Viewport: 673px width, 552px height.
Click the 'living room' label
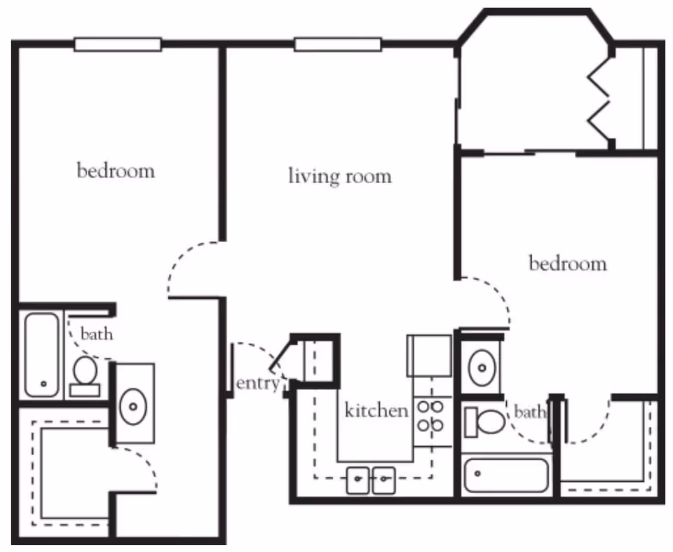340,176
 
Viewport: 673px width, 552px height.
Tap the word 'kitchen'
376,410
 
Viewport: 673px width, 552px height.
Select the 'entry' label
258,383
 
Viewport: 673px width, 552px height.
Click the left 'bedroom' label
116,170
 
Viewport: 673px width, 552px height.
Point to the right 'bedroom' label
568,263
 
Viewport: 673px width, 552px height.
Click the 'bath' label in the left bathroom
97,334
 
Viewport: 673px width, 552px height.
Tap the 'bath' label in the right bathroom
530,412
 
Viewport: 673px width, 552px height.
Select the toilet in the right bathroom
485,422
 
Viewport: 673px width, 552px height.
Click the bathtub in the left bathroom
41,355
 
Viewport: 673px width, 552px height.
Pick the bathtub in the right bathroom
506,476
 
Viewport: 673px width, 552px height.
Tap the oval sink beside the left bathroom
133,406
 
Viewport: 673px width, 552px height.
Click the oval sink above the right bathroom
482,368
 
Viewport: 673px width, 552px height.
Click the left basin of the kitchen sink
358,480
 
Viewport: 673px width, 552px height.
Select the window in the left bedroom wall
118,44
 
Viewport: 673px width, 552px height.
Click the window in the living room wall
338,44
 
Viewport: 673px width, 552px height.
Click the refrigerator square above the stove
430,356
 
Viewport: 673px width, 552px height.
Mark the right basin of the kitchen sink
384,480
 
